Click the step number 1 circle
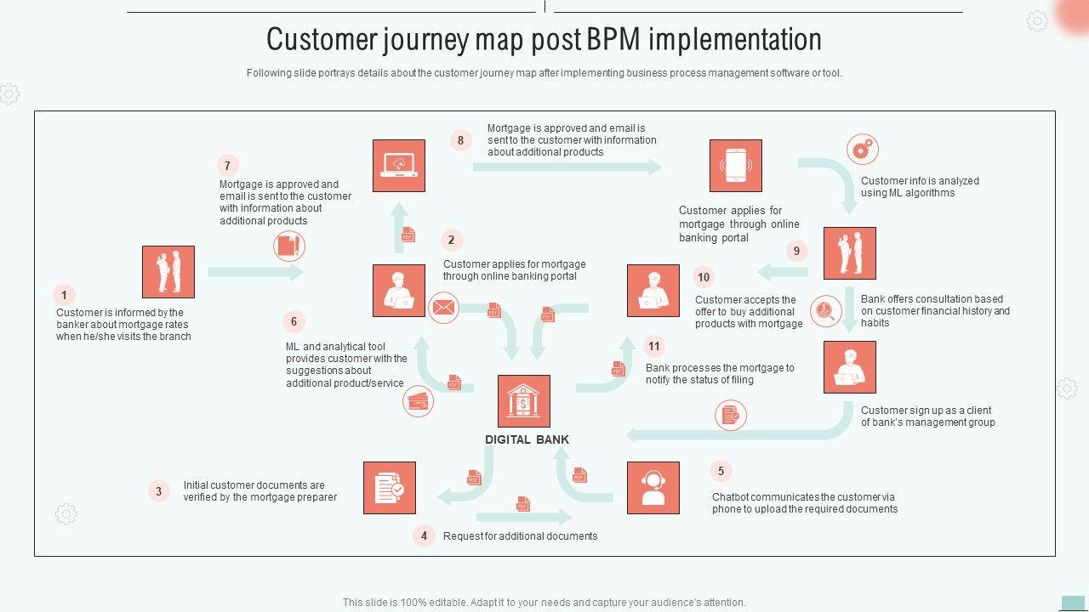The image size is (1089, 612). pos(64,296)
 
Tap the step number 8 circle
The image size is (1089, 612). pos(460,140)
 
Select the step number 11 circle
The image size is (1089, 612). pos(653,346)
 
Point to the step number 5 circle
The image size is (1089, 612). pos(721,471)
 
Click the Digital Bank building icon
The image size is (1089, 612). pos(523,401)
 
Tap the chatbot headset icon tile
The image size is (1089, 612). pos(653,488)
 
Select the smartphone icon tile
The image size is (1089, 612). pos(735,166)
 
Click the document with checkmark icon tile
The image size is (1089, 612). pos(390,488)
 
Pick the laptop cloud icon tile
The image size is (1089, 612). pos(398,166)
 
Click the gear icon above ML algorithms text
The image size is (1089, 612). pos(862,150)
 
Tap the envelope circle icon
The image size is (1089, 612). pos(443,308)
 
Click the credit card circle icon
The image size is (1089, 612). pos(419,400)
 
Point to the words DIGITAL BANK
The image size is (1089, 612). pos(527,439)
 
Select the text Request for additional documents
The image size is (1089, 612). pos(520,536)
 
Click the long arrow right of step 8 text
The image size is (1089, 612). pos(567,167)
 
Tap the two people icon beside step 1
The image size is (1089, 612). pos(168,272)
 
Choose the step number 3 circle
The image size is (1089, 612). pos(158,491)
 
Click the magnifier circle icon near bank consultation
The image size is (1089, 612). pos(825,311)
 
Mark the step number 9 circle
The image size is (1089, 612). pos(796,251)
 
